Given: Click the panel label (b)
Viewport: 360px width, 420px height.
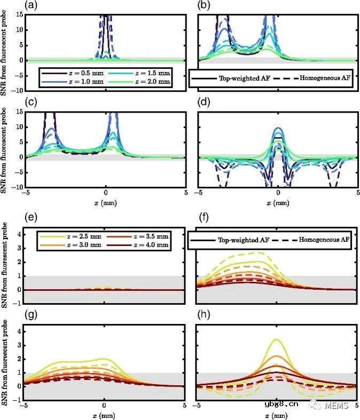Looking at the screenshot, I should pyautogui.click(x=204, y=5).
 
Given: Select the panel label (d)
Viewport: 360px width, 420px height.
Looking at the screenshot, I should pyautogui.click(x=204, y=104).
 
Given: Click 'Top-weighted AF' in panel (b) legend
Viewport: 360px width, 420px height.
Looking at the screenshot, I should pyautogui.click(x=244, y=77).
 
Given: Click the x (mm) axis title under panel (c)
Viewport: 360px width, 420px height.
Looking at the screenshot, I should pyautogui.click(x=104, y=203).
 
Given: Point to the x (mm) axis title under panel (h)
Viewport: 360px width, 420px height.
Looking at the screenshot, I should pyautogui.click(x=276, y=414).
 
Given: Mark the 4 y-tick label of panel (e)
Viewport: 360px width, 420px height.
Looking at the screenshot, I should pyautogui.click(x=19, y=234).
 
